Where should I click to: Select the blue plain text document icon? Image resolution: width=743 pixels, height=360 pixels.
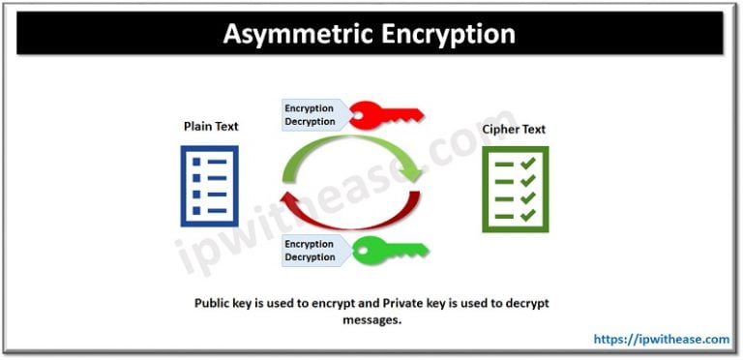click(209, 186)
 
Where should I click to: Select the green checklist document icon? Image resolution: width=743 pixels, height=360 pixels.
click(515, 189)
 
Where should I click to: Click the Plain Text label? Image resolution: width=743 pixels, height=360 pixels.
click(211, 126)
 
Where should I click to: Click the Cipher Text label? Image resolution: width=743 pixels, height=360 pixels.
click(515, 129)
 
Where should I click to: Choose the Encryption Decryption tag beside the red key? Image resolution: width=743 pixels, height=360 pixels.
click(310, 115)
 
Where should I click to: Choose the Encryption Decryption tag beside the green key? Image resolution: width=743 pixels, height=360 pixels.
click(310, 251)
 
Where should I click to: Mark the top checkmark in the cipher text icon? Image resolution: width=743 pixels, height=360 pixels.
click(527, 165)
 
